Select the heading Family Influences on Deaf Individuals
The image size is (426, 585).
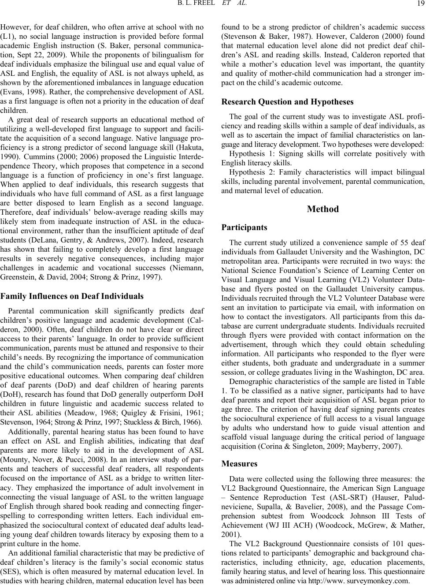pos(72,296)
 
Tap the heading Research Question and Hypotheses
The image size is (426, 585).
pos(287,102)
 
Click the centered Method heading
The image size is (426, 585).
pos(323,209)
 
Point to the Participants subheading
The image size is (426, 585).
pos(244,228)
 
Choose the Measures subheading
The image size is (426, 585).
pos(239,463)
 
